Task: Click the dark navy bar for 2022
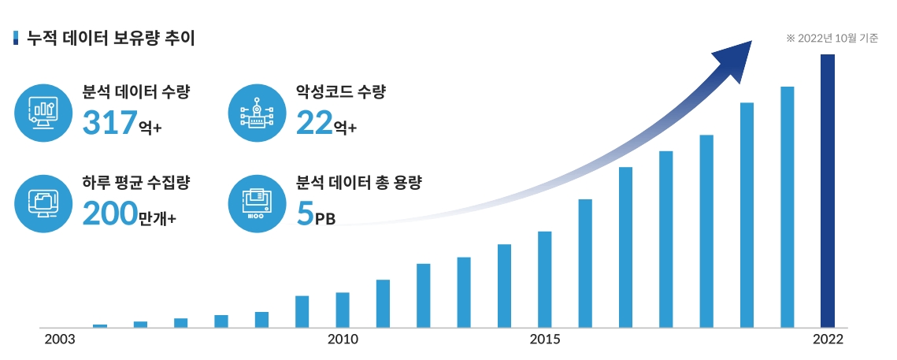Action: pyautogui.click(x=827, y=190)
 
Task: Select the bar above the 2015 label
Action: pyautogui.click(x=545, y=279)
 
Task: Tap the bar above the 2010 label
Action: pyautogui.click(x=343, y=310)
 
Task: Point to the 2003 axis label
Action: pyautogui.click(x=59, y=340)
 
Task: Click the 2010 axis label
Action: pyautogui.click(x=343, y=340)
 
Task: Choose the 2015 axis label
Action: pyautogui.click(x=545, y=340)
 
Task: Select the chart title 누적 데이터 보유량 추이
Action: pyautogui.click(x=111, y=37)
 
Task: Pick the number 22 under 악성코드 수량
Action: pyautogui.click(x=314, y=124)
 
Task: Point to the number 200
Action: pyautogui.click(x=109, y=213)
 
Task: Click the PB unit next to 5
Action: pyautogui.click(x=325, y=220)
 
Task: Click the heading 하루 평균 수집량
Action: pyautogui.click(x=136, y=183)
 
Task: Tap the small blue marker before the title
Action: pyautogui.click(x=17, y=38)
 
